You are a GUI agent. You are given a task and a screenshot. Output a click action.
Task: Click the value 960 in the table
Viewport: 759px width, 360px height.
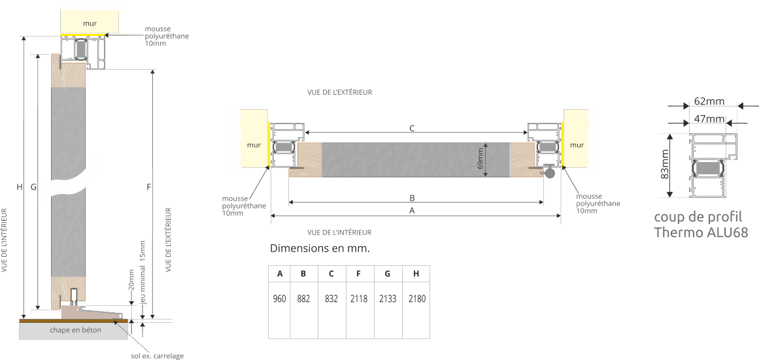click(279, 299)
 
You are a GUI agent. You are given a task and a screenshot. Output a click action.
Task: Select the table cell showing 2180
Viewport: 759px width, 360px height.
click(416, 299)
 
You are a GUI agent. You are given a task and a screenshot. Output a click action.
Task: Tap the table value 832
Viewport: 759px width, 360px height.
click(331, 299)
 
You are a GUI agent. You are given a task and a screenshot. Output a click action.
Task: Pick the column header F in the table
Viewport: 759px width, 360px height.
click(359, 274)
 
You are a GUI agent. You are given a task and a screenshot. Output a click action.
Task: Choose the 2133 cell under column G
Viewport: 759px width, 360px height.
click(388, 299)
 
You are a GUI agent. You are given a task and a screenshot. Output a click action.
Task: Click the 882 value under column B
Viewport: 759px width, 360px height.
click(303, 299)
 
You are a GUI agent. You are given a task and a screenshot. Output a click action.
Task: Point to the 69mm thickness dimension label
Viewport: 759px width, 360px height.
click(481, 159)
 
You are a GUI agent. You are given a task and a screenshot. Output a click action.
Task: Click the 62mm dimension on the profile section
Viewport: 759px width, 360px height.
click(709, 101)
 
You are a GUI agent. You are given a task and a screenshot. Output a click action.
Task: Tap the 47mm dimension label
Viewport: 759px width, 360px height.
click(709, 119)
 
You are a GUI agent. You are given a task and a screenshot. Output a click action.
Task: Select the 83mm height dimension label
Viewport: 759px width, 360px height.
click(665, 165)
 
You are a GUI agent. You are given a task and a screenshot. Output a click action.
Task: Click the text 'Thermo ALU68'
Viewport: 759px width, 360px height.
click(701, 233)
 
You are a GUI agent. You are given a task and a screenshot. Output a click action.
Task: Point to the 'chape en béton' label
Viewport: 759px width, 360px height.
click(76, 331)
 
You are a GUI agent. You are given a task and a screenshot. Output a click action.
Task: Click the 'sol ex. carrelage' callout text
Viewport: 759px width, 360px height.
click(158, 356)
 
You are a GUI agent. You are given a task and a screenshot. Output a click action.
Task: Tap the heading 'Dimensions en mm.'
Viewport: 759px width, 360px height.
click(320, 249)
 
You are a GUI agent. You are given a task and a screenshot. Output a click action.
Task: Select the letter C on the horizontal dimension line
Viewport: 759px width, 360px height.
click(412, 129)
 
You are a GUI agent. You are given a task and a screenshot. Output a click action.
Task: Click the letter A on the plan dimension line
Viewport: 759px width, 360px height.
click(412, 211)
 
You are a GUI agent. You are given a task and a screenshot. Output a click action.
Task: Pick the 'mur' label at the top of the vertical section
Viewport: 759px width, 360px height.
click(90, 24)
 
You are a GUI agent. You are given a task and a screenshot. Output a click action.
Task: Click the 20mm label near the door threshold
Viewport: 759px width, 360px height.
click(131, 280)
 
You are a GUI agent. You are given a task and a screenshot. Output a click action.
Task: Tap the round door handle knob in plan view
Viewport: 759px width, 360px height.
click(550, 174)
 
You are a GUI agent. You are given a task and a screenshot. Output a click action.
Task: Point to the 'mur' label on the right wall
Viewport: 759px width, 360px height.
click(577, 145)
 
